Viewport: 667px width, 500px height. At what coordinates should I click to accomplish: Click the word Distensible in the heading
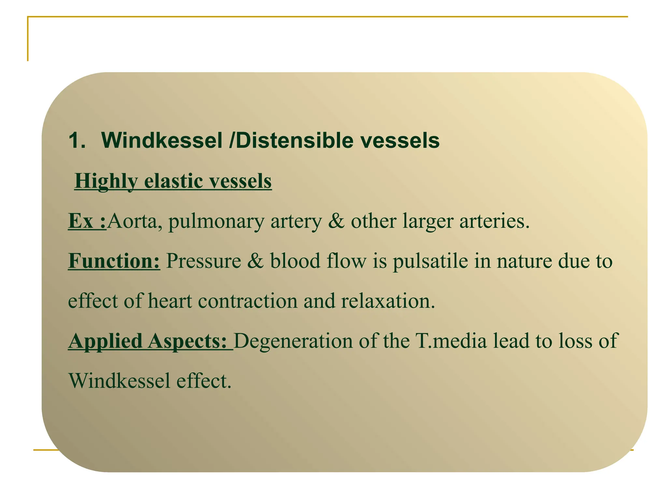coord(290,141)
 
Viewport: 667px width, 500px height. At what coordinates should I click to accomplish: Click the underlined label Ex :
coord(87,221)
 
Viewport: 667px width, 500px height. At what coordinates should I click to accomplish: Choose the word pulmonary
coord(216,222)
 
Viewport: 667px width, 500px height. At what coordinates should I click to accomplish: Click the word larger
coord(428,222)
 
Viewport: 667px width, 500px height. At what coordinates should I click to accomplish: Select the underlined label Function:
coord(114,261)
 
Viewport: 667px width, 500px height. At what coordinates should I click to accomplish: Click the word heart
coord(170,301)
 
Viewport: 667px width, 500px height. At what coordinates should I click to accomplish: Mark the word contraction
coord(248,301)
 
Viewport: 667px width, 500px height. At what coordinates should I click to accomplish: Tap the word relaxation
coord(388,301)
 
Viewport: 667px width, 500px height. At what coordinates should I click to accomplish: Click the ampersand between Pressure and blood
coord(255,261)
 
